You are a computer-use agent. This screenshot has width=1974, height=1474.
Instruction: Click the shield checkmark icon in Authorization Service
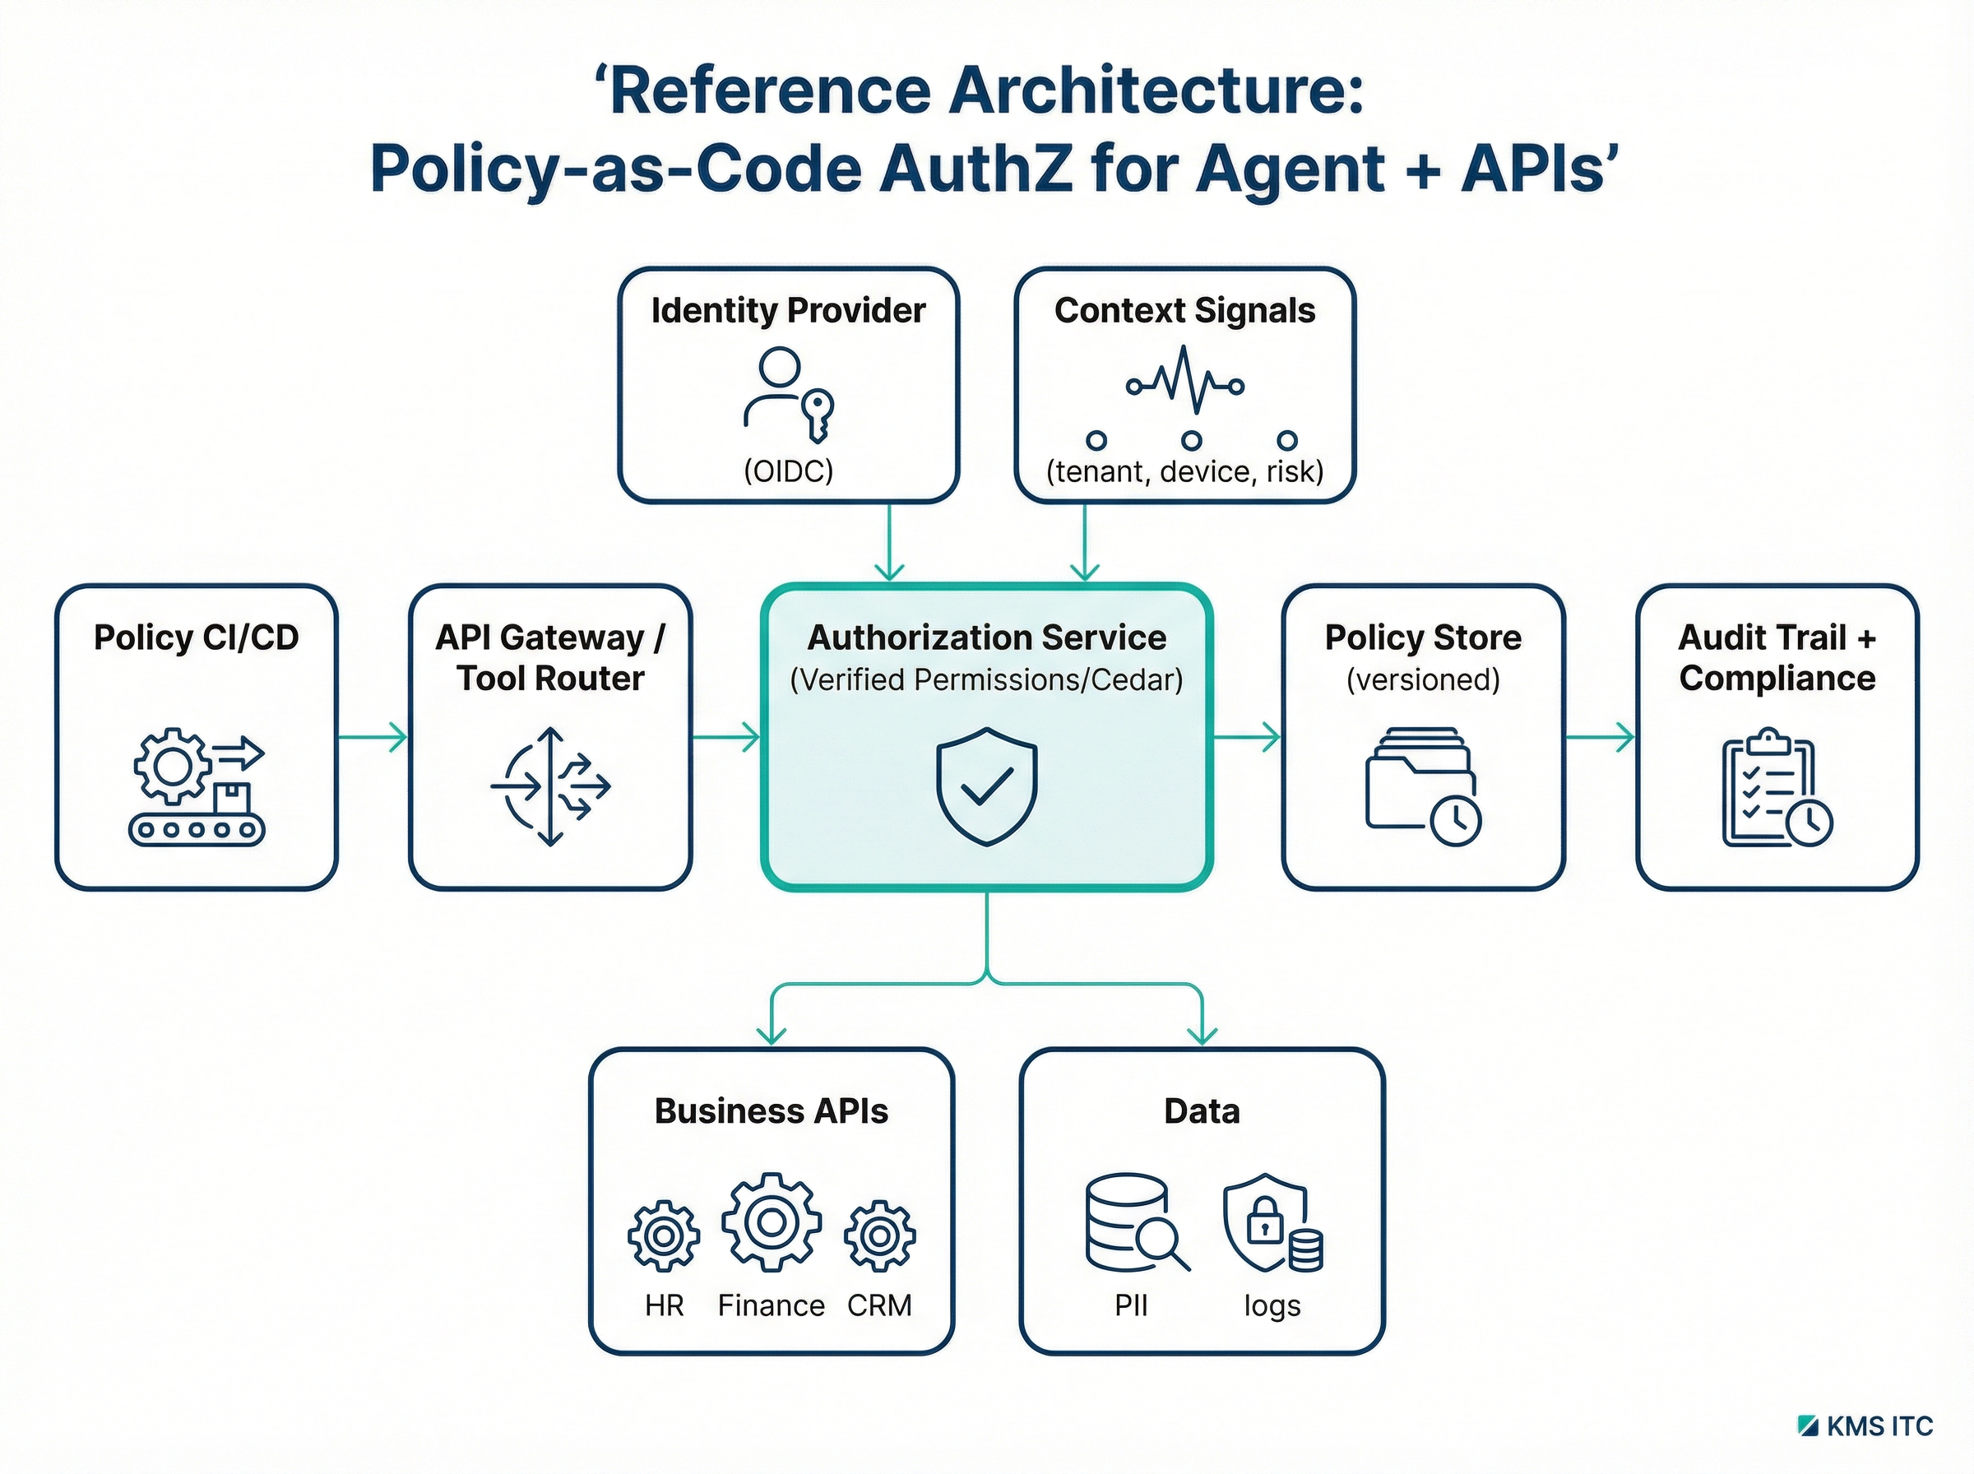[x=985, y=786]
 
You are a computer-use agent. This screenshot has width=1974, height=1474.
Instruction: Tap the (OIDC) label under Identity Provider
[x=788, y=471]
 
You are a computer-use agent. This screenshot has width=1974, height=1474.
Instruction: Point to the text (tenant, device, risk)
[x=1184, y=471]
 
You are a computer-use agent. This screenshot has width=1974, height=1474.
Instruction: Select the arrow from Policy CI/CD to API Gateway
[x=373, y=737]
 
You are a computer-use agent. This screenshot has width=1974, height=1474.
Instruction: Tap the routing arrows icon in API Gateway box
[x=550, y=786]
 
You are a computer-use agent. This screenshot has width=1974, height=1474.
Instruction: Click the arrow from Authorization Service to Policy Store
[x=1246, y=737]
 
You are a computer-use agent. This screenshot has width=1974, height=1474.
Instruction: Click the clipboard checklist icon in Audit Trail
[x=1776, y=789]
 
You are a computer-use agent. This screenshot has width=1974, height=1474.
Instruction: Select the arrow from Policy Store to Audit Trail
[x=1601, y=737]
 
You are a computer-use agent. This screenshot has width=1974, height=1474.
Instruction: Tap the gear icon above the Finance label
[x=771, y=1221]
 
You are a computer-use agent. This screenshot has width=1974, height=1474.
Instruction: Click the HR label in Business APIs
[x=664, y=1306]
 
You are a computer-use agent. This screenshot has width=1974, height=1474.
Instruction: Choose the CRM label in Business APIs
[x=878, y=1306]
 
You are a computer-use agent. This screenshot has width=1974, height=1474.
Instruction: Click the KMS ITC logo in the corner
[x=1866, y=1425]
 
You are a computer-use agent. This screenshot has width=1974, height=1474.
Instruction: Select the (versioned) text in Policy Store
[x=1422, y=680]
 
